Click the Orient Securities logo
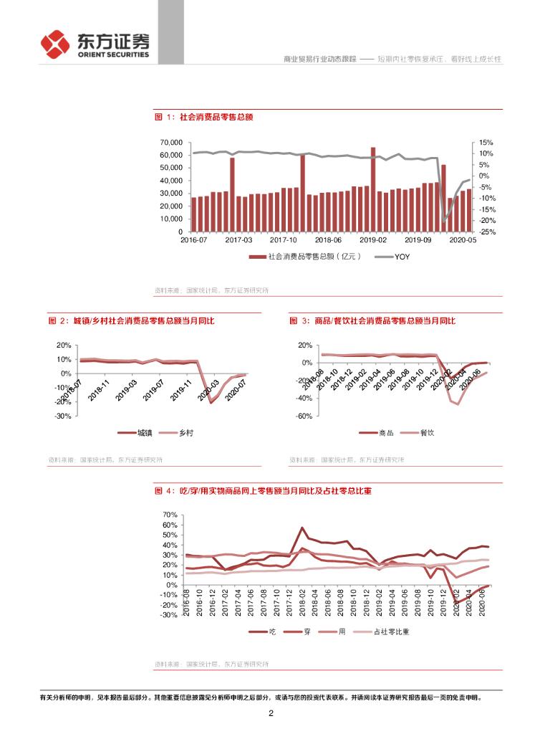(x=95, y=44)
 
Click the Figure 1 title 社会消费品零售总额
(x=208, y=116)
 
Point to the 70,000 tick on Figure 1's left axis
(x=170, y=143)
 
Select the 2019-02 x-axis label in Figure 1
(x=372, y=241)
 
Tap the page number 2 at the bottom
(x=271, y=713)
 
